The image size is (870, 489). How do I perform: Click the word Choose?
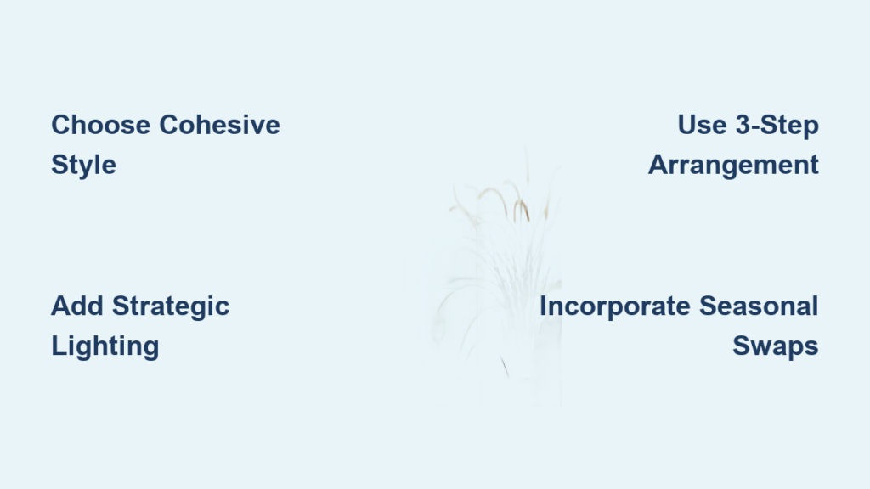pyautogui.click(x=100, y=125)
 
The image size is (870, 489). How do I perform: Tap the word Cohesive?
pyautogui.click(x=220, y=125)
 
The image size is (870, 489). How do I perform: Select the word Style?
pyautogui.click(x=84, y=166)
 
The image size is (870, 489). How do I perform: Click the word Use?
pyautogui.click(x=702, y=125)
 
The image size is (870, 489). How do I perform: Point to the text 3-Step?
pyautogui.click(x=777, y=126)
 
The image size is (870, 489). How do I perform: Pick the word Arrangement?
pyautogui.click(x=733, y=166)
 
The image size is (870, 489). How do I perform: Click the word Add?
pyautogui.click(x=77, y=306)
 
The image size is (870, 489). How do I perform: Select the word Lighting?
pyautogui.click(x=105, y=347)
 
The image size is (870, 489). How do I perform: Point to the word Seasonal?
pyautogui.click(x=759, y=306)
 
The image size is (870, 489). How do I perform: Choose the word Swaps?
pyautogui.click(x=776, y=347)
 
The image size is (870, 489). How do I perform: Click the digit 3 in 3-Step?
pyautogui.click(x=743, y=125)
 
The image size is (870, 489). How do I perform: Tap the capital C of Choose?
pyautogui.click(x=61, y=125)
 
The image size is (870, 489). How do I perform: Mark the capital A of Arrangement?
pyautogui.click(x=658, y=165)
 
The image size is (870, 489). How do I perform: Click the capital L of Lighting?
pyautogui.click(x=59, y=346)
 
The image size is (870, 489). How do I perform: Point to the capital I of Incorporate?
pyautogui.click(x=543, y=306)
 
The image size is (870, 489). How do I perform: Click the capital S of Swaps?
pyautogui.click(x=743, y=346)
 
